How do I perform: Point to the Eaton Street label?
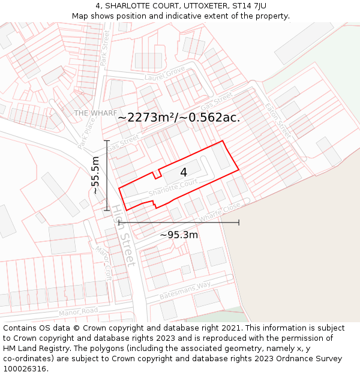coord(277,120)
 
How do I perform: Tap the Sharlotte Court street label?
coord(173,189)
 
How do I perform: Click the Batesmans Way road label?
coord(185,290)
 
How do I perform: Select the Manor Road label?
coord(78,312)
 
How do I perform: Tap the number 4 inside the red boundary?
coord(184,173)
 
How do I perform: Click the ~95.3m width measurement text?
coord(179,235)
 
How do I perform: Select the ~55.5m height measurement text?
coord(95,175)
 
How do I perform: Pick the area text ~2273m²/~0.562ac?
coord(179,118)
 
